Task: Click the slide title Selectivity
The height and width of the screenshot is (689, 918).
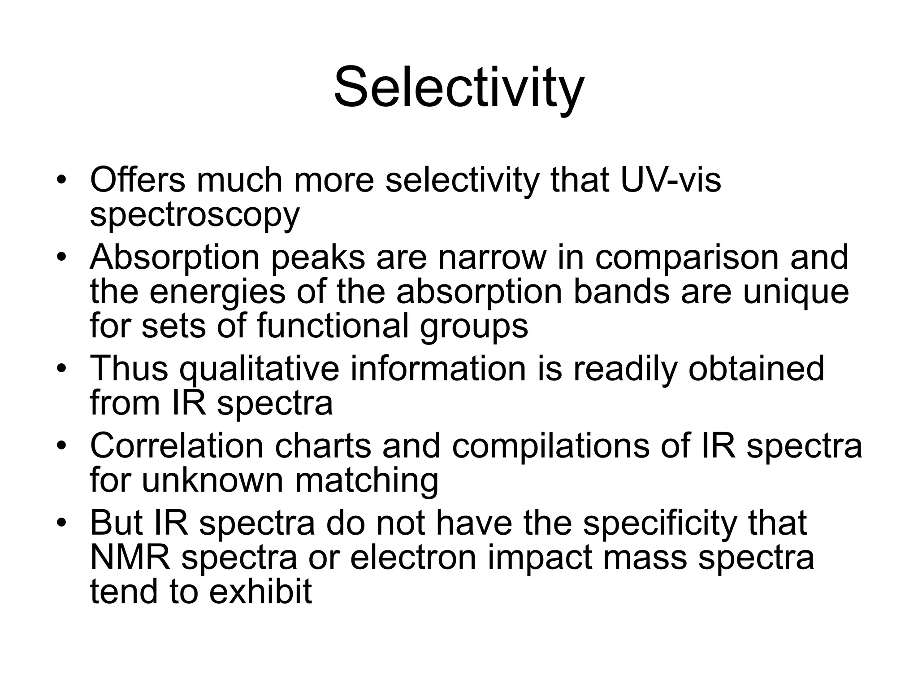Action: tap(459, 87)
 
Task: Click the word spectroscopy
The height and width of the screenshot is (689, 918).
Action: tap(195, 215)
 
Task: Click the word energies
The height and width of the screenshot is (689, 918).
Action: tap(217, 292)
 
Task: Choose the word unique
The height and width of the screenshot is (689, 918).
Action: tap(796, 292)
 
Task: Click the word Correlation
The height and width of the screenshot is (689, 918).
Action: tap(177, 446)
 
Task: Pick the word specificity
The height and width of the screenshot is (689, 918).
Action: tap(660, 523)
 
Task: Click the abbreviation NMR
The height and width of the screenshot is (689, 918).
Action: tap(130, 558)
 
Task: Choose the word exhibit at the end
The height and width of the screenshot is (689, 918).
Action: tap(260, 591)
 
